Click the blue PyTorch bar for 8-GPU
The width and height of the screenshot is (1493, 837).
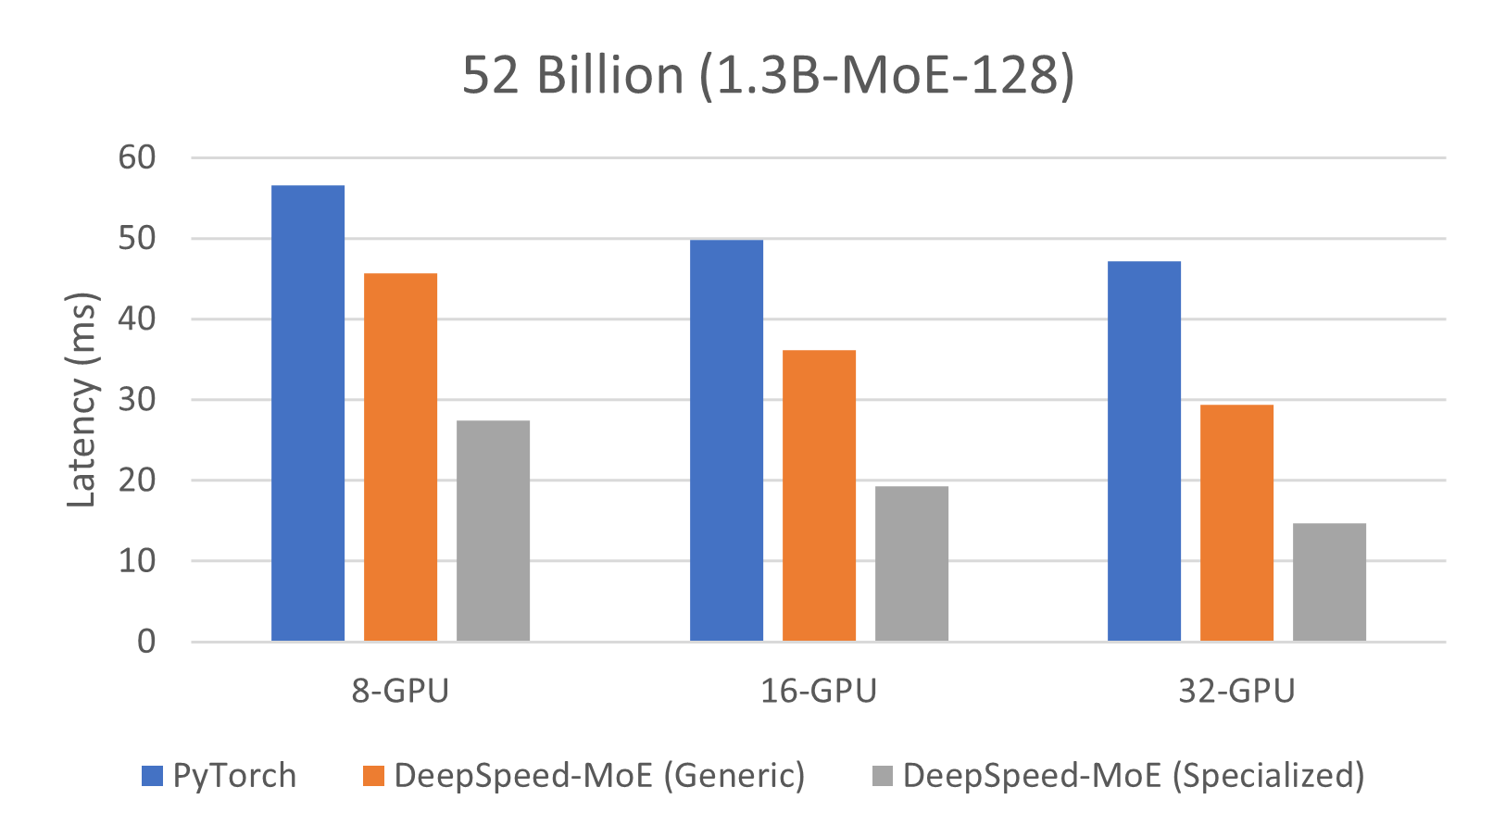pos(308,413)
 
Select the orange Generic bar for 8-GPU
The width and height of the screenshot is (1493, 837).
pos(401,457)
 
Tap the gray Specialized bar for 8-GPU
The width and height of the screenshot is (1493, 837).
pos(494,531)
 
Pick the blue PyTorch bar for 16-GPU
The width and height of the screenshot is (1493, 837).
pos(727,441)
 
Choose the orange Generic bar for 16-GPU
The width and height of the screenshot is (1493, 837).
pos(820,495)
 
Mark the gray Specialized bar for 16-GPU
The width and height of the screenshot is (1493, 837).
pos(912,564)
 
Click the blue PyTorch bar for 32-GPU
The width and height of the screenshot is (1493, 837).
pos(1145,451)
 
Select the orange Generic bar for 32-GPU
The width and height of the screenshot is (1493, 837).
pos(1237,523)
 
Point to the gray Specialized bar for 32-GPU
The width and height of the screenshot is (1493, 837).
pos(1330,582)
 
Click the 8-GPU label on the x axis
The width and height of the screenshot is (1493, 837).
pos(400,691)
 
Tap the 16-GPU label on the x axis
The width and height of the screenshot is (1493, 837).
pos(819,691)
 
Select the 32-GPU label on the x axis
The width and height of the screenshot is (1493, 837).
pos(1236,691)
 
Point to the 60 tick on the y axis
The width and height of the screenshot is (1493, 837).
pos(137,157)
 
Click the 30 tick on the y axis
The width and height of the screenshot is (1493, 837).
pos(137,400)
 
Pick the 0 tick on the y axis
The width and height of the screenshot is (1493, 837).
pos(146,641)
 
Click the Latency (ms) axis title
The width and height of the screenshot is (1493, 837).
pos(82,400)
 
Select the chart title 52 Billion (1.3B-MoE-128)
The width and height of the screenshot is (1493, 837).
pos(768,75)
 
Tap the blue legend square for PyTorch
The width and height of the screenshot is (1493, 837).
pos(152,776)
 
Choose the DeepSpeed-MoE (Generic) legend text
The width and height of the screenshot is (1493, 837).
pos(599,776)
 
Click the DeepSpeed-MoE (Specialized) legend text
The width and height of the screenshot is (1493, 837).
pos(1134,776)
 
